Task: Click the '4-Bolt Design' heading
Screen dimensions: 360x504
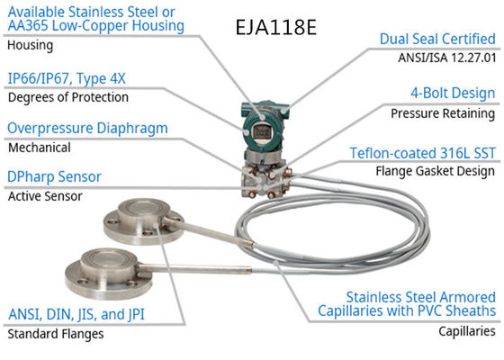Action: (452, 93)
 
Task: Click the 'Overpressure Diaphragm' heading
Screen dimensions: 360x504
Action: (86, 128)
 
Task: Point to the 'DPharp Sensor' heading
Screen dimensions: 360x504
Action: (54, 176)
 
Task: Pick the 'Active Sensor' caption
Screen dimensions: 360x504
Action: (45, 195)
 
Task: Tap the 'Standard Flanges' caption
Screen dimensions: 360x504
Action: (56, 334)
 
